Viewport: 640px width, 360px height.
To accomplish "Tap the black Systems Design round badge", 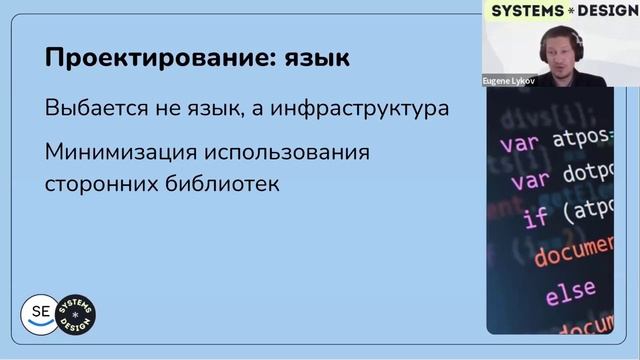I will pos(77,314).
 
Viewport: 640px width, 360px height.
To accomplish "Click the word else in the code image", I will pos(571,293).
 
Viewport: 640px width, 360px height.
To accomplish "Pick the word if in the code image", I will pos(536,215).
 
